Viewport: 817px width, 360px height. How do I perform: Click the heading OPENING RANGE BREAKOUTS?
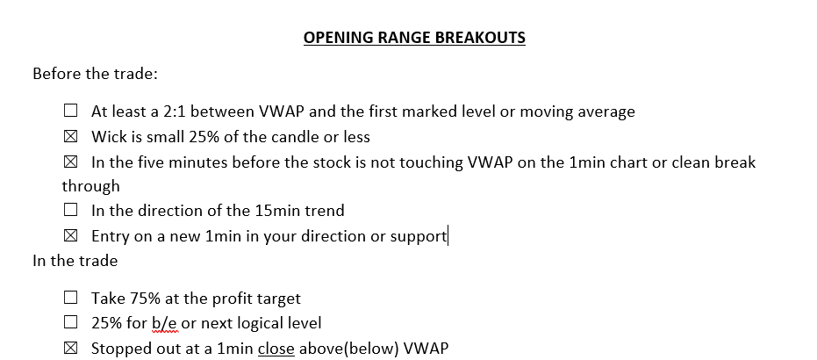point(414,38)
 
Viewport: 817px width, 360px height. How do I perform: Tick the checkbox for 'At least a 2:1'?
point(70,111)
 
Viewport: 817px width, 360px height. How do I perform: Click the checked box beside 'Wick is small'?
point(70,136)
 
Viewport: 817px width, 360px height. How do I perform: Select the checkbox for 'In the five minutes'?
point(70,162)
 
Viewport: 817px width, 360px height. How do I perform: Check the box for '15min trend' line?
point(70,210)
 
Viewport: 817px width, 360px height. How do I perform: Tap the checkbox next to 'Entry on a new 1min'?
point(70,235)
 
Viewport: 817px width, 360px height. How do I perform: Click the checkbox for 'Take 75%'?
point(70,298)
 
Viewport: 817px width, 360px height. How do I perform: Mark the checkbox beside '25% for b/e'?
point(70,322)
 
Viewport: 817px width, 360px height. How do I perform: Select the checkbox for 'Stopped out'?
point(70,348)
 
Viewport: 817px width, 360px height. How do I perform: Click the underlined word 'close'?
point(276,348)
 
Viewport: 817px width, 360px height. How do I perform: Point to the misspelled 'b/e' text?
point(165,323)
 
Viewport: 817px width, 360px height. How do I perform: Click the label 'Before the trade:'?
point(95,74)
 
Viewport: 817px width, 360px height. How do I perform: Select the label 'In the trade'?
point(75,261)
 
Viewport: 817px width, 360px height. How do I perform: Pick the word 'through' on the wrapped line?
point(90,186)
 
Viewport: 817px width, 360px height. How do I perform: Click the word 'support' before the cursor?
point(419,236)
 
